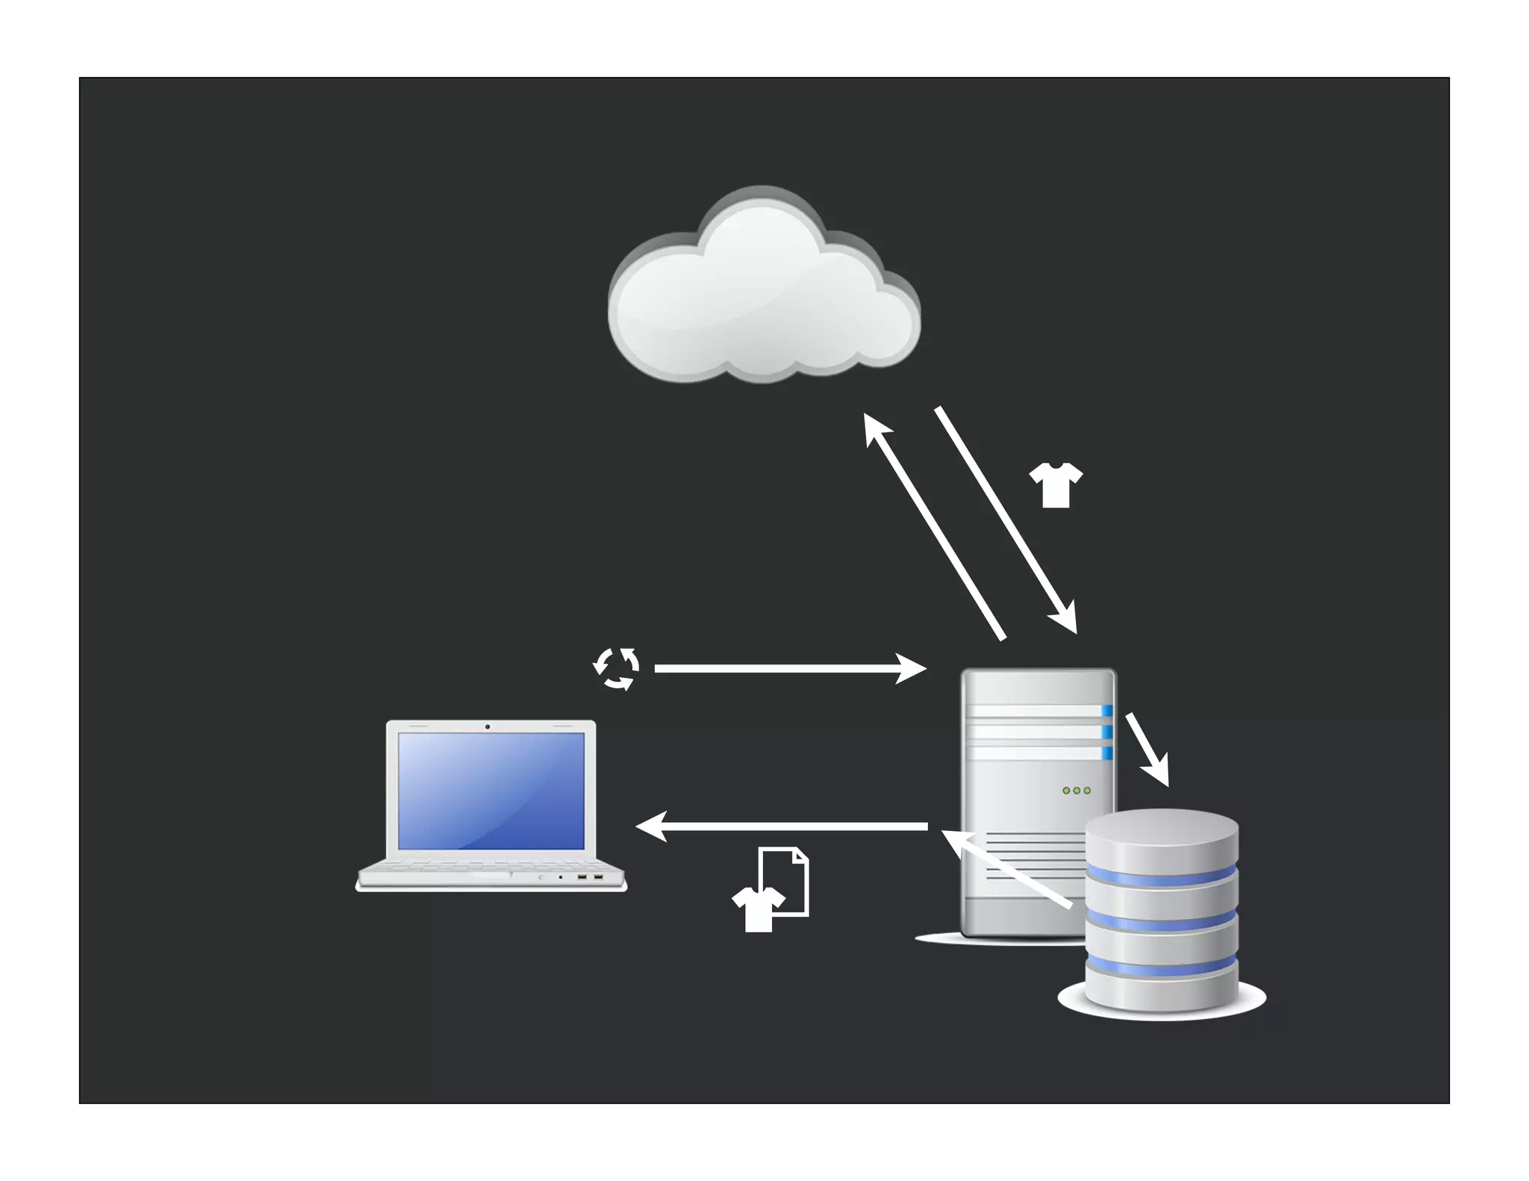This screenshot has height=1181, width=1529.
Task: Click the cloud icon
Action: (x=763, y=291)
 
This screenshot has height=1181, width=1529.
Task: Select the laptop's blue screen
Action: (x=491, y=791)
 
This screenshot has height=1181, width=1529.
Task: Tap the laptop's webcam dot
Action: (x=488, y=726)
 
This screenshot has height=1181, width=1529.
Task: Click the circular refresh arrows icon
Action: (x=616, y=668)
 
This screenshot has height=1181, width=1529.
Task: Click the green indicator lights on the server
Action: (x=1076, y=790)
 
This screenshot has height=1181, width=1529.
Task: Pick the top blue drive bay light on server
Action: (x=1107, y=711)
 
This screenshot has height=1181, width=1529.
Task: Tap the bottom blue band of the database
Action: (x=1161, y=967)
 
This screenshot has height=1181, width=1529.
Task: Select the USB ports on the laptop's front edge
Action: (x=589, y=876)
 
